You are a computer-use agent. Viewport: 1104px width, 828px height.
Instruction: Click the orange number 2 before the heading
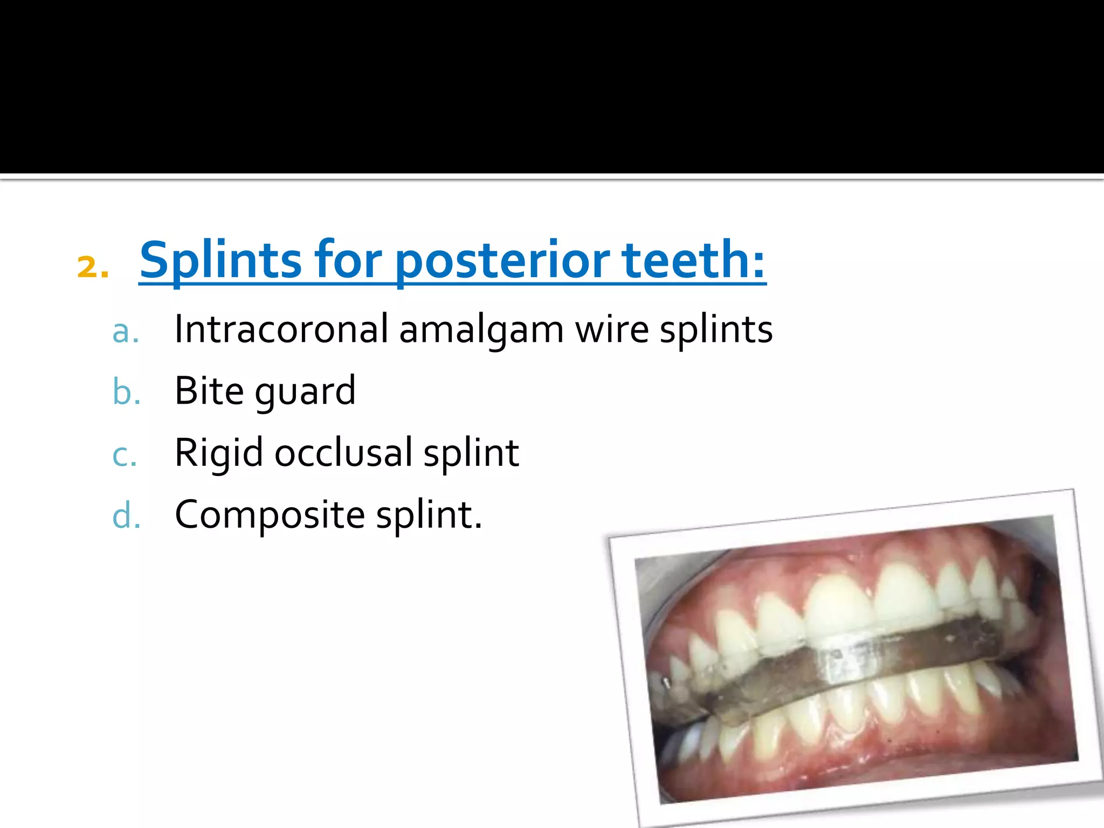tap(92, 266)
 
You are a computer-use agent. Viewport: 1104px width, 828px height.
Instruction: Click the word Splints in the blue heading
tap(220, 261)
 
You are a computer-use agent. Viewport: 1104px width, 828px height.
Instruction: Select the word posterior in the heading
tap(502, 261)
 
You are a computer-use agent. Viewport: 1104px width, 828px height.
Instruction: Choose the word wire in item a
tap(612, 329)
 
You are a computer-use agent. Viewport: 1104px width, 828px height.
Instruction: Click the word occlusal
tap(343, 453)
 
